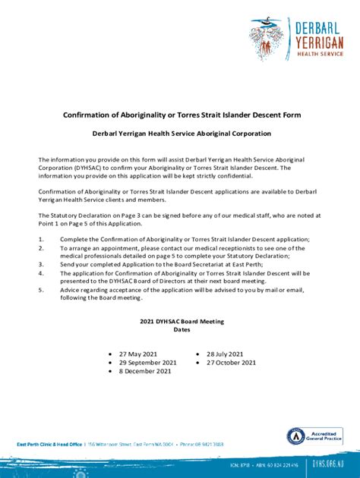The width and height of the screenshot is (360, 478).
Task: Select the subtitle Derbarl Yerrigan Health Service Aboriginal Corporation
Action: [181, 134]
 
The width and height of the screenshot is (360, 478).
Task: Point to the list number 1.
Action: [40, 239]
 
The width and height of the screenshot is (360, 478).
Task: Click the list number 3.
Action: [40, 264]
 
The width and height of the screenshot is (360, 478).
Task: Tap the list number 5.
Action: [40, 290]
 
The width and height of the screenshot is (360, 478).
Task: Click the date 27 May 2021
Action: [138, 354]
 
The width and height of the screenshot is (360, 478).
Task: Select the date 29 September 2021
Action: [148, 363]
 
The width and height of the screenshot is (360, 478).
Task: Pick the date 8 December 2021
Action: [144, 372]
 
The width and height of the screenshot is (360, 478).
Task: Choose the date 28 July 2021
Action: [225, 354]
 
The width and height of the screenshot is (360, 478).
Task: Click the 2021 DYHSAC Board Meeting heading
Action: [180, 322]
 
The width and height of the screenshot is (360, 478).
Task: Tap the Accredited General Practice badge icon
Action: [295, 436]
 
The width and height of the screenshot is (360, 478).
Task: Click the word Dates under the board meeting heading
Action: [181, 330]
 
